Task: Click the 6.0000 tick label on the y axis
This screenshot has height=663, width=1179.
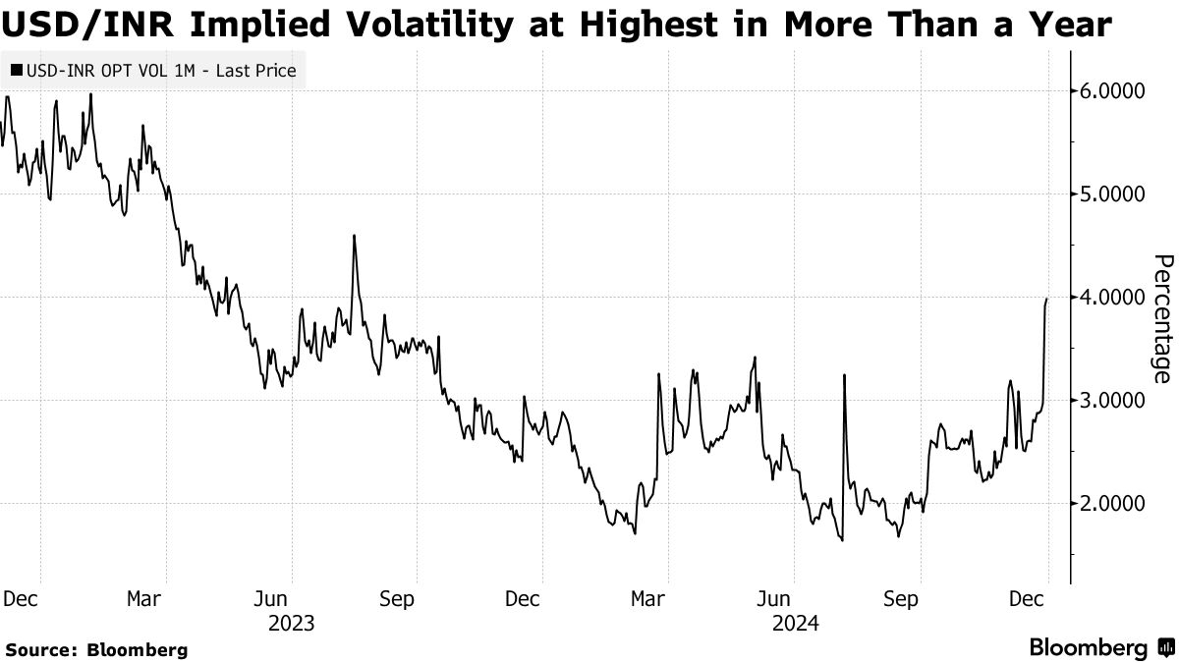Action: tap(1112, 91)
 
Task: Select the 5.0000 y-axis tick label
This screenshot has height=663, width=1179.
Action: tap(1112, 194)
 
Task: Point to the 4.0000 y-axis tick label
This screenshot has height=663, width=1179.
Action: tap(1112, 297)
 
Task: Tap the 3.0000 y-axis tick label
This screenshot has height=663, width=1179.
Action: tap(1112, 400)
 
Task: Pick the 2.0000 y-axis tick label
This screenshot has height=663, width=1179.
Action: tap(1112, 503)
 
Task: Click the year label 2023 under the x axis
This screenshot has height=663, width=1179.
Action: tap(291, 623)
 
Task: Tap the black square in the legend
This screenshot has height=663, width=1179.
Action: tap(17, 71)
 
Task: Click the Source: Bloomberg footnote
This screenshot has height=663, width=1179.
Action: tap(96, 649)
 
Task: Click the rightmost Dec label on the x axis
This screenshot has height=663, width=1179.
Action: tap(1027, 598)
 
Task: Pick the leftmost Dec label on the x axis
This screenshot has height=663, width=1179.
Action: tap(21, 598)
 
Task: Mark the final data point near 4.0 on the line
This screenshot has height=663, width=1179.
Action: tap(1046, 299)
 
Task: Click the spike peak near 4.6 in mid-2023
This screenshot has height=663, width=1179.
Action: tap(353, 236)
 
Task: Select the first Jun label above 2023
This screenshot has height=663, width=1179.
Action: tap(271, 598)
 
